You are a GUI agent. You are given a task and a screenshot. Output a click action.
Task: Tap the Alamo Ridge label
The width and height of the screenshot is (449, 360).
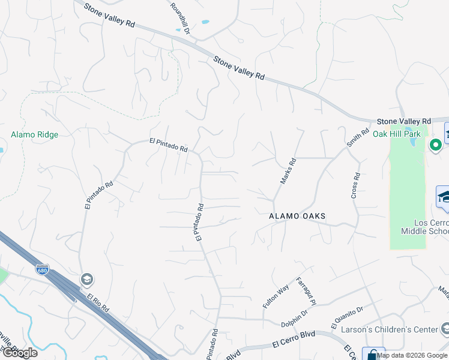[35, 135]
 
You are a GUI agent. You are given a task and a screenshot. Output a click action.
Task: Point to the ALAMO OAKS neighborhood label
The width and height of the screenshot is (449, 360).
[297, 216]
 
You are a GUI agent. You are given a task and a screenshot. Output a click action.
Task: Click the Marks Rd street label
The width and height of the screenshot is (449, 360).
[289, 171]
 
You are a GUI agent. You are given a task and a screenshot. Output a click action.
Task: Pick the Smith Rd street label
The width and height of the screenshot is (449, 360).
[358, 138]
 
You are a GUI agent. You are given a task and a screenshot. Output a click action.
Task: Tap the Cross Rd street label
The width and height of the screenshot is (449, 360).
[356, 187]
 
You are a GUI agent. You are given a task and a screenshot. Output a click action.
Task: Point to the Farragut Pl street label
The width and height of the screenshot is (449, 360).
[304, 290]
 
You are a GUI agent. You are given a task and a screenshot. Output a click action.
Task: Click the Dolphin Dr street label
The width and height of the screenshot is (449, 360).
[295, 318]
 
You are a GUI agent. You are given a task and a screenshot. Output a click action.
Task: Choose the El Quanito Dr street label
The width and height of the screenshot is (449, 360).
[347, 318]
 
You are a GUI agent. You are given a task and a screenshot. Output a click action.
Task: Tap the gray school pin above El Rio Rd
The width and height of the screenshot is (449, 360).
[87, 280]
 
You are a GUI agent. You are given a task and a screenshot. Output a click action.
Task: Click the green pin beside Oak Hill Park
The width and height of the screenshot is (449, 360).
[435, 145]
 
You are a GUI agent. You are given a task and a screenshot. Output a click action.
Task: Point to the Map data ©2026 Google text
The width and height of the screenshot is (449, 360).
[412, 355]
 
